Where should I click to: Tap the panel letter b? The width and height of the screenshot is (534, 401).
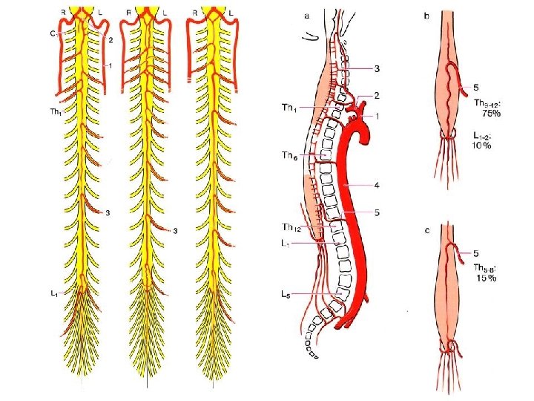426,16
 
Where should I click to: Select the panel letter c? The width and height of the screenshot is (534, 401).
427,231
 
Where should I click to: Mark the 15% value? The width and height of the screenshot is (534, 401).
485,278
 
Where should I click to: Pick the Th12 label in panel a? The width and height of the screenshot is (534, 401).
291,227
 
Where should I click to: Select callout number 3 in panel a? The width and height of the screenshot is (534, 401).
378,69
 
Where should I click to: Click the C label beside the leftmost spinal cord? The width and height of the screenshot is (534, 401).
53,33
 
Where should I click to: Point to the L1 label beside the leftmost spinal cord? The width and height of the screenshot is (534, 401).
54,294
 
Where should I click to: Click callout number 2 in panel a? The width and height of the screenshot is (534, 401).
378,95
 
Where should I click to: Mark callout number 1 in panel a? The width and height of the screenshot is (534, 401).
378,115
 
